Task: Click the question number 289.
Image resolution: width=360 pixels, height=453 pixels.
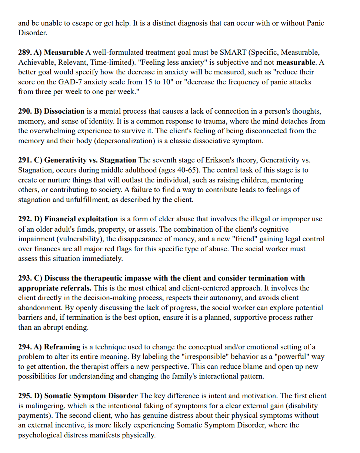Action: point(25,52)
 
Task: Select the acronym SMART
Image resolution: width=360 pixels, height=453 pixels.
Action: point(232,52)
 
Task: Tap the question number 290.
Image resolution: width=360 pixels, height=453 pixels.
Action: point(25,111)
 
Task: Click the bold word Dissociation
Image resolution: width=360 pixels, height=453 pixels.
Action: point(64,111)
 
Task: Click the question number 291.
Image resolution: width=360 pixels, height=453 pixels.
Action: point(25,160)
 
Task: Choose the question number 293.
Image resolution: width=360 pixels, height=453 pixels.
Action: point(25,278)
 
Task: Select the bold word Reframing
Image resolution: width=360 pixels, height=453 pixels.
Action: point(62,347)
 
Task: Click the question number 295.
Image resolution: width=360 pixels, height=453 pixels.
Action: point(25,396)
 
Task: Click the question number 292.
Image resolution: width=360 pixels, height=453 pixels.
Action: point(25,219)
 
